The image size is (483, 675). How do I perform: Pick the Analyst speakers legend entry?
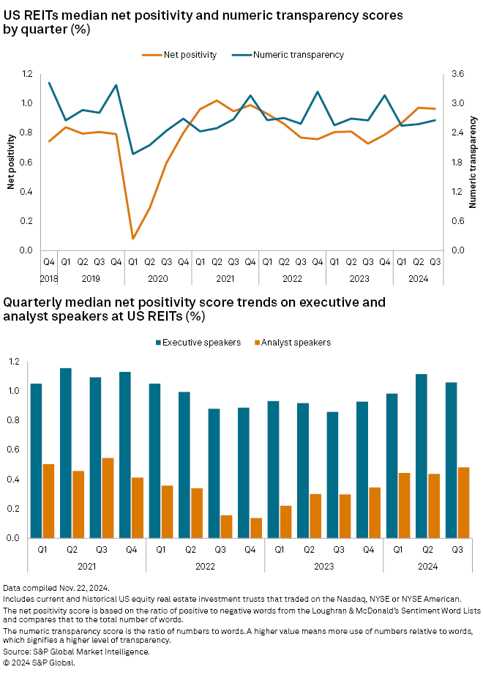pyautogui.click(x=296, y=342)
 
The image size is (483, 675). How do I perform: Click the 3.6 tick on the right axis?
pyautogui.click(x=457, y=74)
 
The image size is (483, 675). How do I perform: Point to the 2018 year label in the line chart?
pyautogui.click(x=49, y=277)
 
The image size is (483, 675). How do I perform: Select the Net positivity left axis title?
pyautogui.click(x=12, y=162)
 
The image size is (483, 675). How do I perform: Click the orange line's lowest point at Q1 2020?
pyautogui.click(x=133, y=239)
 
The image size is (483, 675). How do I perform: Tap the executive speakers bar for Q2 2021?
pyautogui.click(x=66, y=453)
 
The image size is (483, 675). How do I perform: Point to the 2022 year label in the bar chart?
pyautogui.click(x=206, y=565)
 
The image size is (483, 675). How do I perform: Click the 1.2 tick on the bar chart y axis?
pyautogui.click(x=14, y=362)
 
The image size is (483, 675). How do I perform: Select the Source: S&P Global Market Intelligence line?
pyautogui.click(x=76, y=651)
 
